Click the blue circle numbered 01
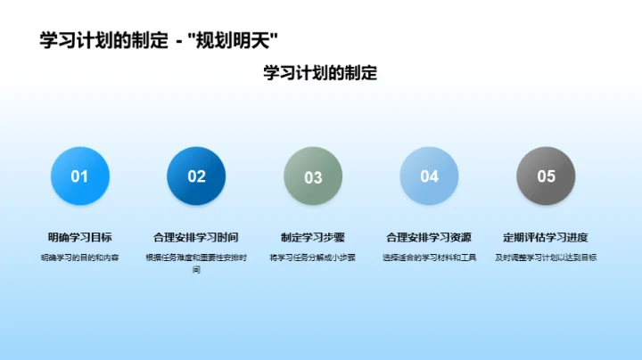[x=80, y=176]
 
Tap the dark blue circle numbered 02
[x=196, y=176]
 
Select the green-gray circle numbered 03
[x=313, y=176]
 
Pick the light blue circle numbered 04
[x=429, y=176]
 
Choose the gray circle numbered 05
[x=546, y=176]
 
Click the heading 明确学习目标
[x=80, y=238]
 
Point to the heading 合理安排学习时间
[x=196, y=238]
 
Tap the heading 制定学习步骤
[x=313, y=238]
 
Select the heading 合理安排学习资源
[x=429, y=238]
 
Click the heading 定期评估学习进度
[x=546, y=238]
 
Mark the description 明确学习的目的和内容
[x=80, y=258]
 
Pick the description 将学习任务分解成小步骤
[x=313, y=258]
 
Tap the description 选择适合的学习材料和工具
[x=429, y=258]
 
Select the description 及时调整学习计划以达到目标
[x=546, y=258]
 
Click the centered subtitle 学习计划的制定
[x=320, y=73]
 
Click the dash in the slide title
[x=181, y=40]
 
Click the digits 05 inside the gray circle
[x=546, y=176]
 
